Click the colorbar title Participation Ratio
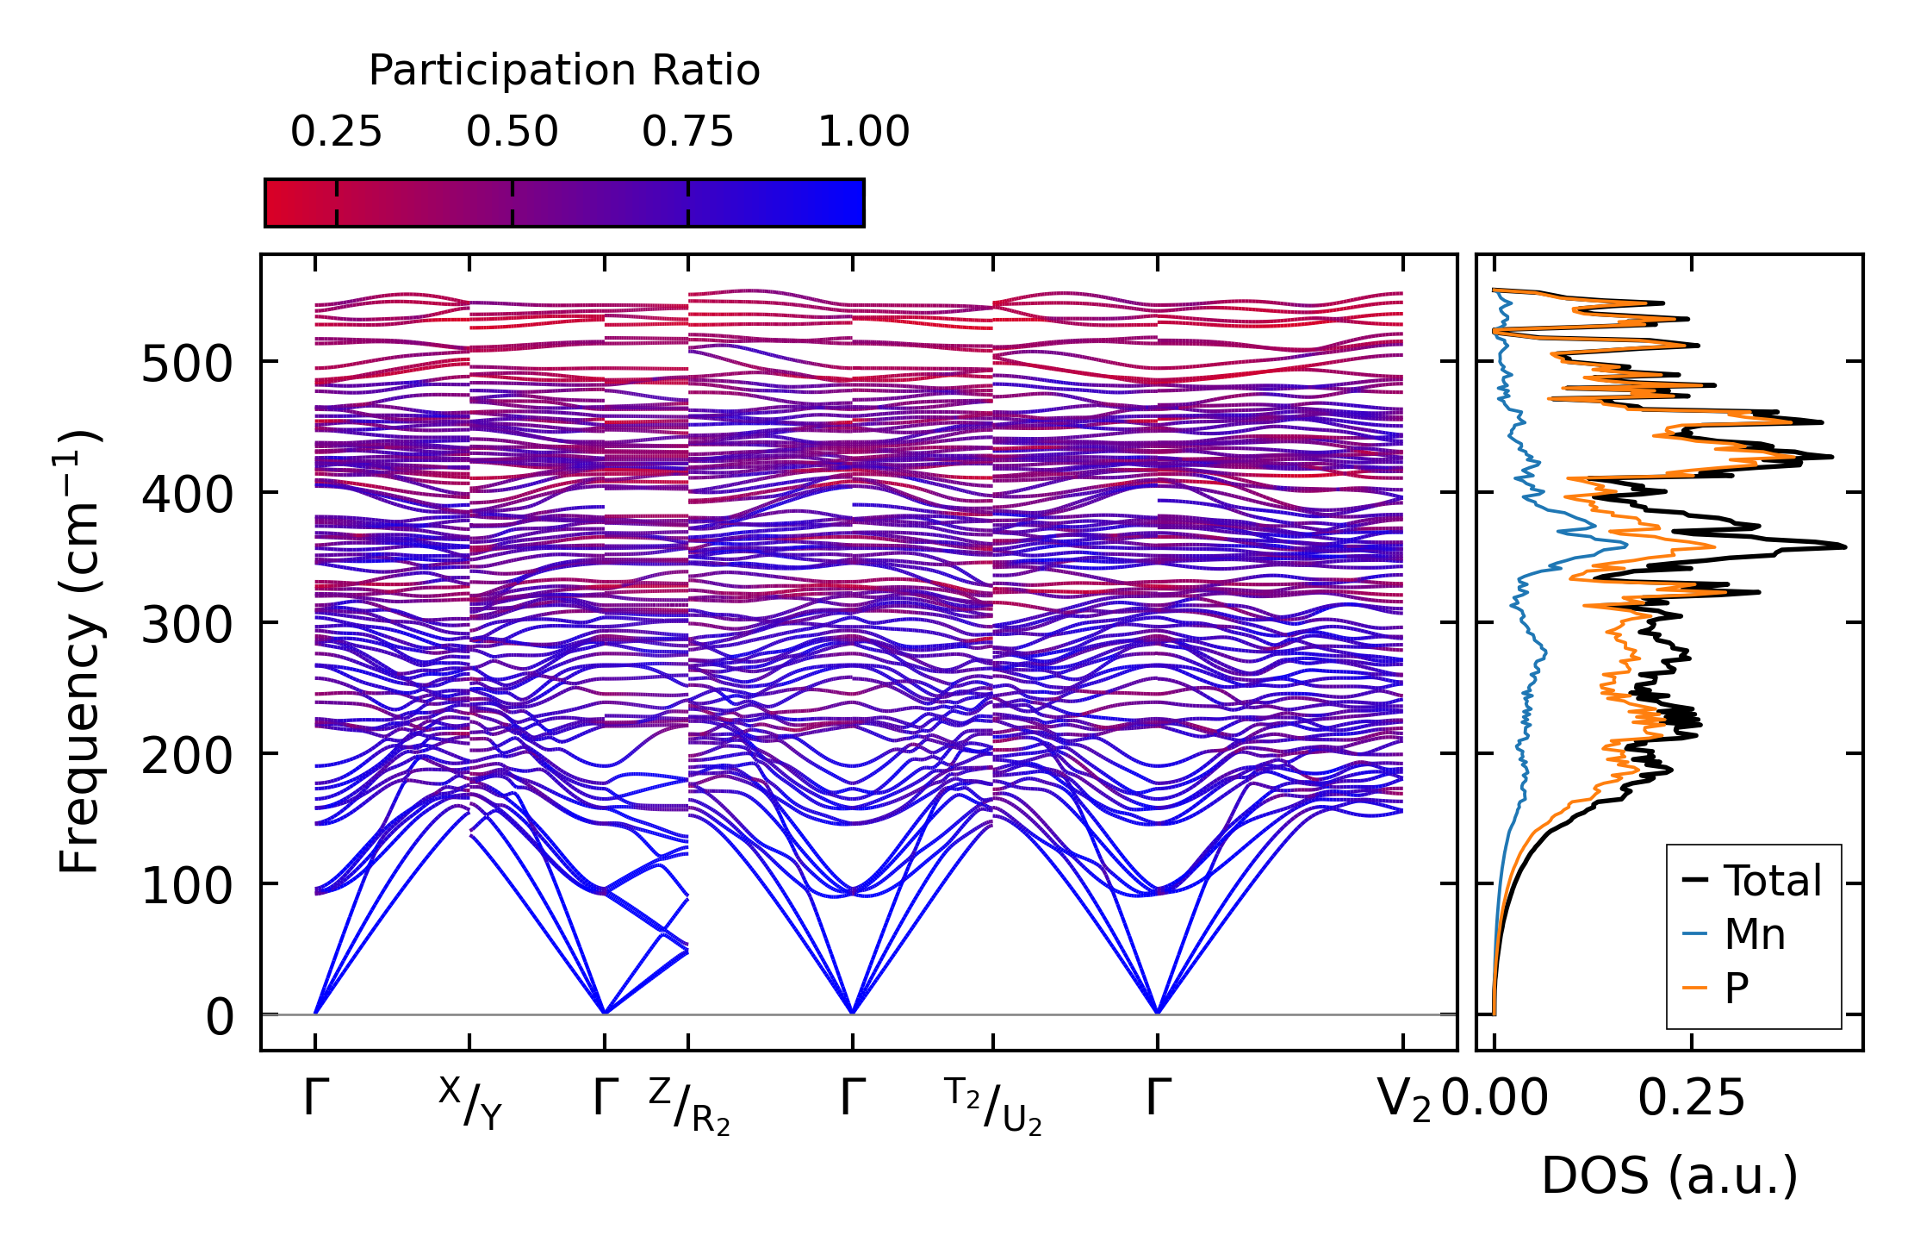[x=564, y=71]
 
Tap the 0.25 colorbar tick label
[x=336, y=133]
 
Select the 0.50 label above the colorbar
[x=513, y=133]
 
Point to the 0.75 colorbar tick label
[x=687, y=133]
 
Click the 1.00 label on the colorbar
[x=863, y=133]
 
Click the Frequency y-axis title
[x=80, y=652]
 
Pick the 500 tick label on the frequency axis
[x=187, y=364]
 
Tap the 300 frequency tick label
[x=187, y=625]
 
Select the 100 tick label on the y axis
[x=187, y=886]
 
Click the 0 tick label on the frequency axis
[x=220, y=1017]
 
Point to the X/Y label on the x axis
[x=469, y=1103]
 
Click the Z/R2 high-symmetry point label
[x=689, y=1106]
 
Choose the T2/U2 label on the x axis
[x=993, y=1106]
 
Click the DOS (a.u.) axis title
[x=1669, y=1176]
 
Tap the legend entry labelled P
[x=1737, y=988]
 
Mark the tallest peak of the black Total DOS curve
[x=1844, y=546]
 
